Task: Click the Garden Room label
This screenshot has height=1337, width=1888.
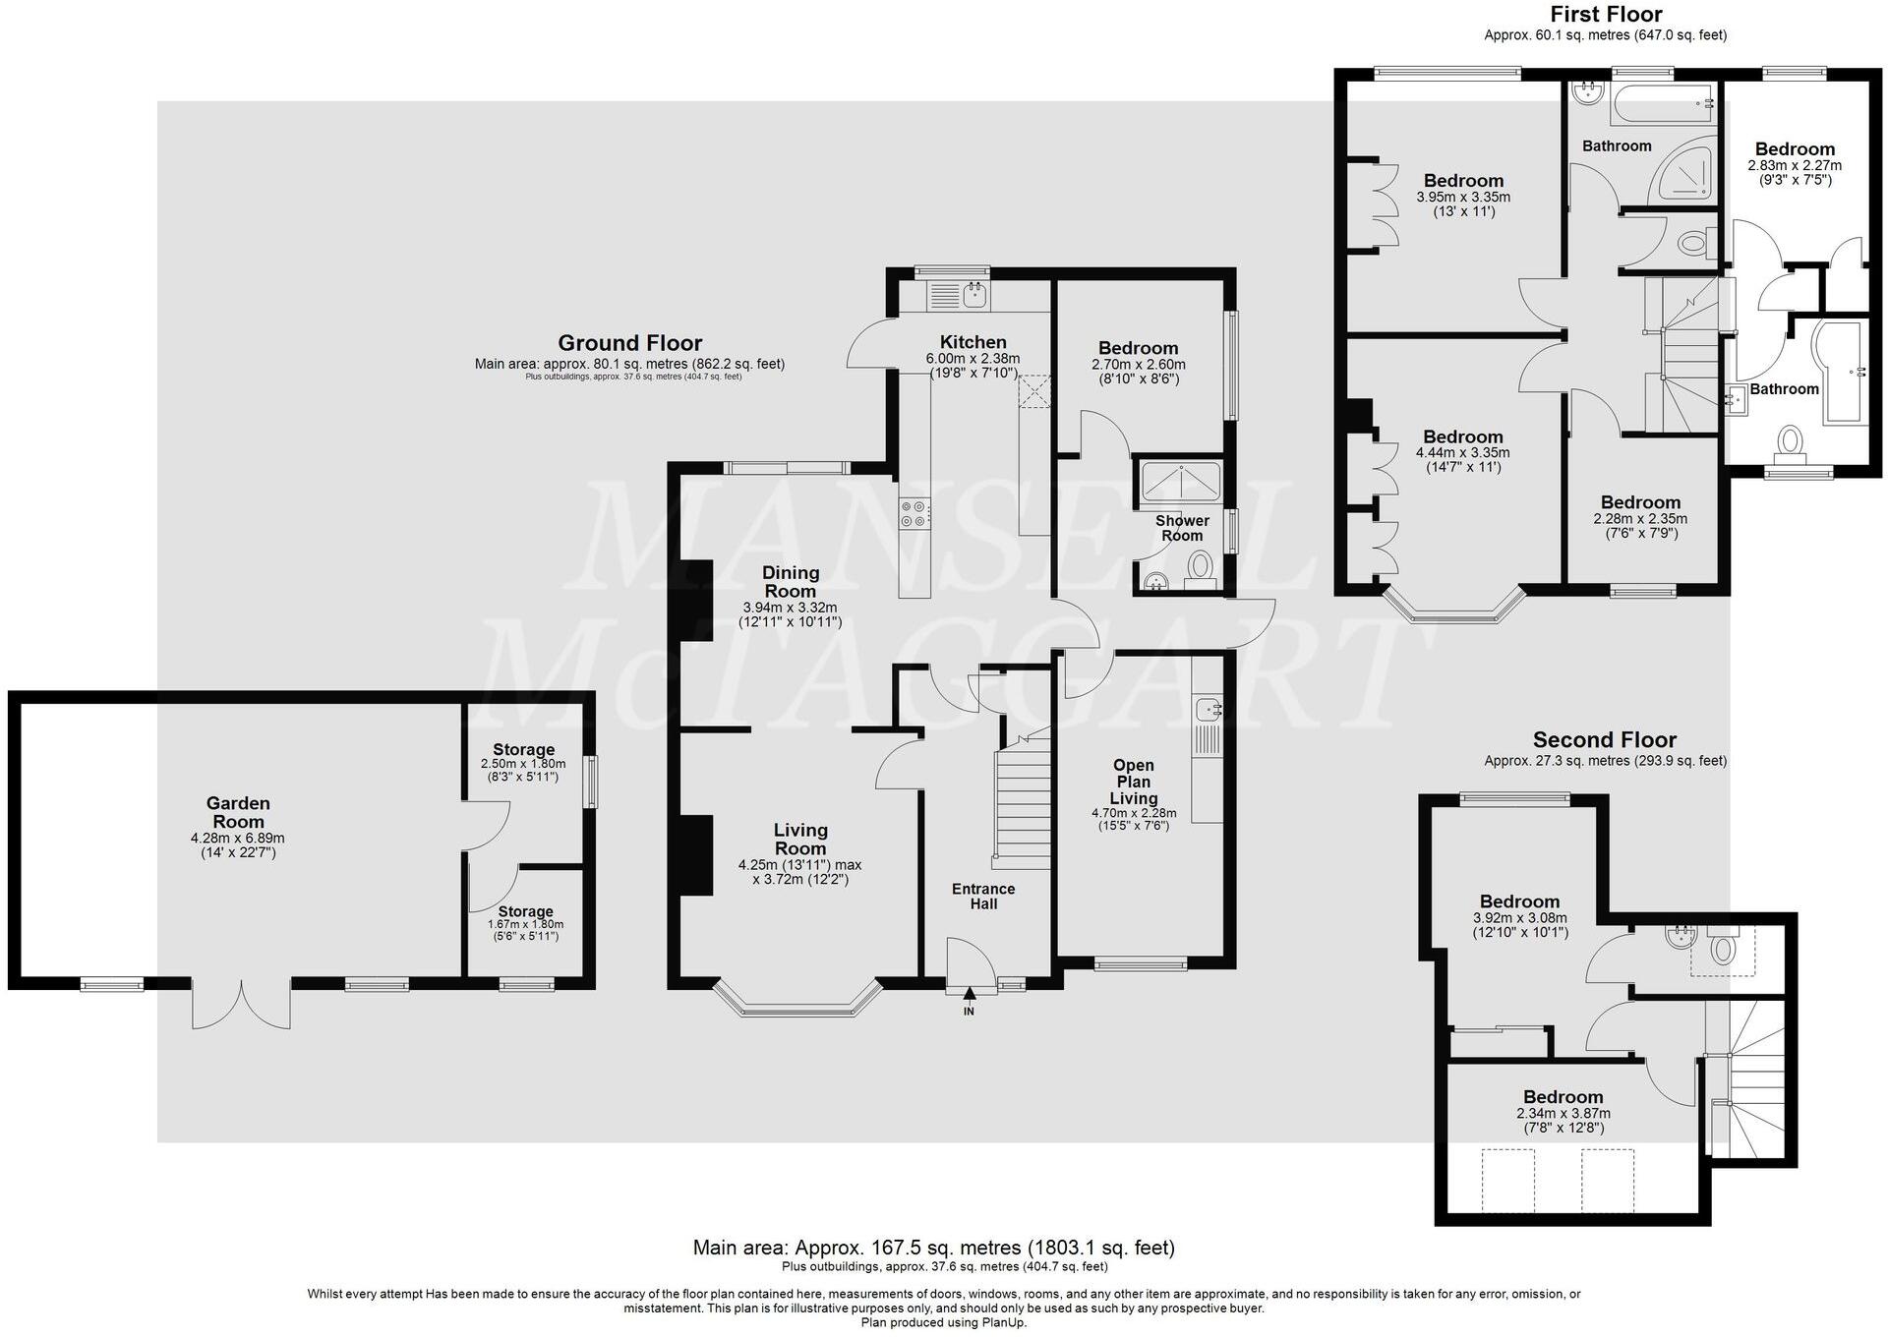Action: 238,813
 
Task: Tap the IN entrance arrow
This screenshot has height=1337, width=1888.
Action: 969,996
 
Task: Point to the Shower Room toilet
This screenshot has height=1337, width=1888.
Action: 1200,567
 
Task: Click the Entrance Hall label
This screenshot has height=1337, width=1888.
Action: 983,896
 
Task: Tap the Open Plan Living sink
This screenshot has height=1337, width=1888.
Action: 1207,708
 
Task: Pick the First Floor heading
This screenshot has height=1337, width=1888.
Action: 1606,15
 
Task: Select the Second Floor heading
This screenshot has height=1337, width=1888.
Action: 1604,740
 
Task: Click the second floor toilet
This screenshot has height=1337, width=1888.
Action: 1723,949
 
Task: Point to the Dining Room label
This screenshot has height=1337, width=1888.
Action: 791,581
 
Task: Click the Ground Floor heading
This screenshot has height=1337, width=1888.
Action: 629,343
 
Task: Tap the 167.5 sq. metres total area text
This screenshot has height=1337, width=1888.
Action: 933,1248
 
